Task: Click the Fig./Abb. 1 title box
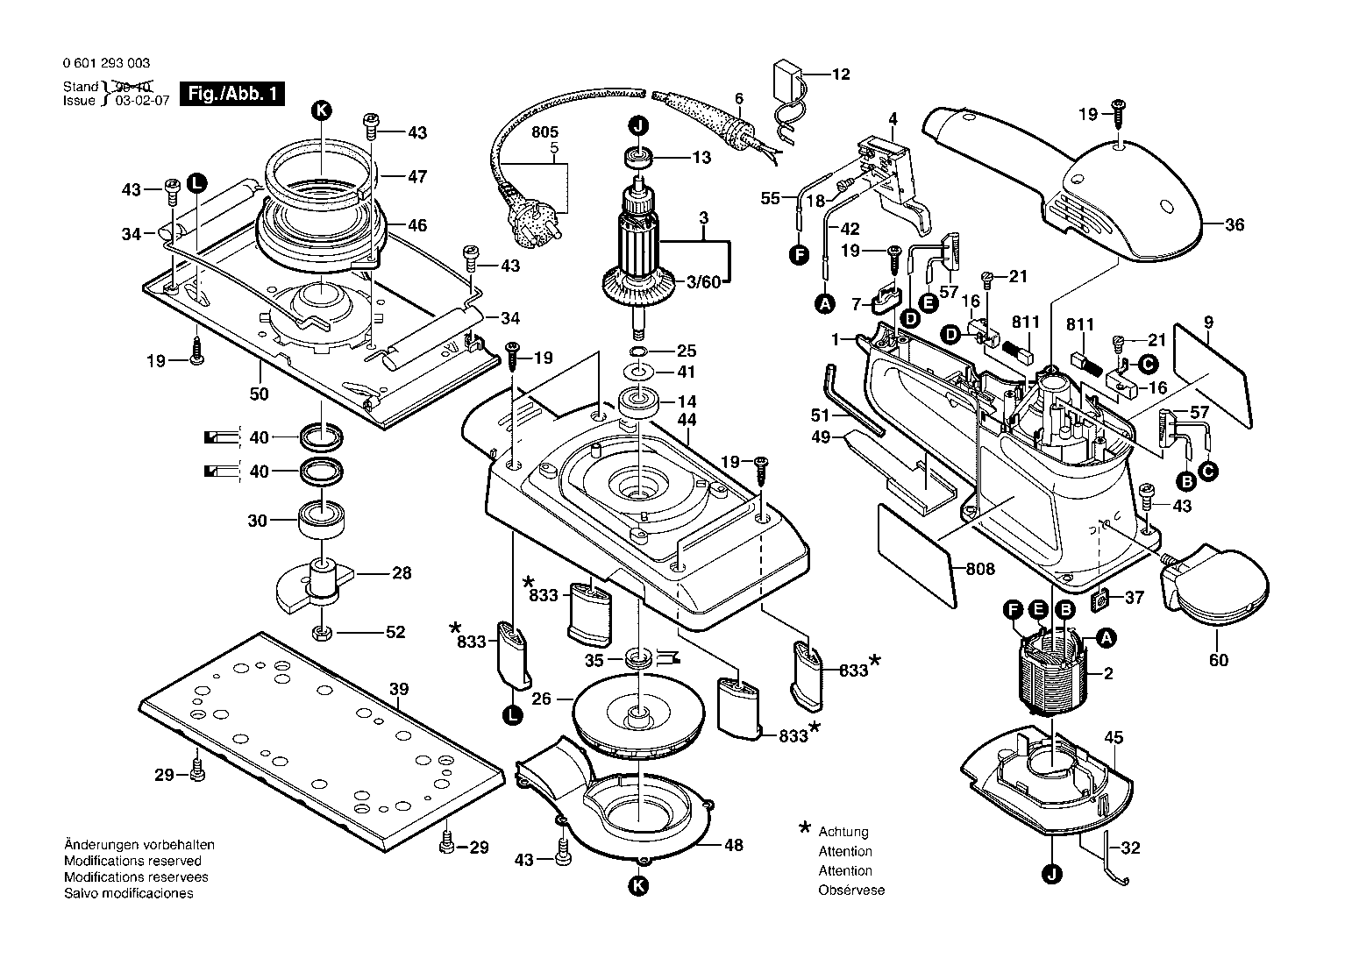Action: (232, 94)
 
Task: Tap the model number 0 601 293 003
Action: (106, 63)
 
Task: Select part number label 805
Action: (545, 132)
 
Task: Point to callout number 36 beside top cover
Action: (1235, 225)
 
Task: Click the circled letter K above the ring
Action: (322, 110)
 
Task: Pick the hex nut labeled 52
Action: (322, 633)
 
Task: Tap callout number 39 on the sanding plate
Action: (399, 689)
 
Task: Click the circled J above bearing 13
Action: (638, 126)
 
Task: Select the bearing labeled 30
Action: (322, 518)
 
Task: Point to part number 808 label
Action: (980, 569)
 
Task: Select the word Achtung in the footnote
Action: (843, 832)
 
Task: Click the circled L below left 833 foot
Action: (512, 715)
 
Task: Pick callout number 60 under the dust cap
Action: (1219, 660)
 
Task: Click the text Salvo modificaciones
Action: (129, 893)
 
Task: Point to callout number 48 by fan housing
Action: (733, 845)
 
